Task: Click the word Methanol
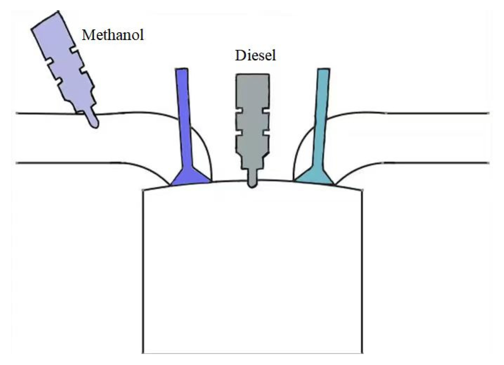click(x=113, y=35)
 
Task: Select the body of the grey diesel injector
click(x=252, y=122)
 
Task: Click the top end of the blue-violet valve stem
click(x=182, y=71)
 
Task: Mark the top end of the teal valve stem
click(x=324, y=71)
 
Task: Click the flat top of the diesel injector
click(x=252, y=75)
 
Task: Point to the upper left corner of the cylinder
click(x=143, y=190)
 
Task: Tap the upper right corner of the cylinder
click(x=362, y=190)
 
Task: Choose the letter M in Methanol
click(x=87, y=35)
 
